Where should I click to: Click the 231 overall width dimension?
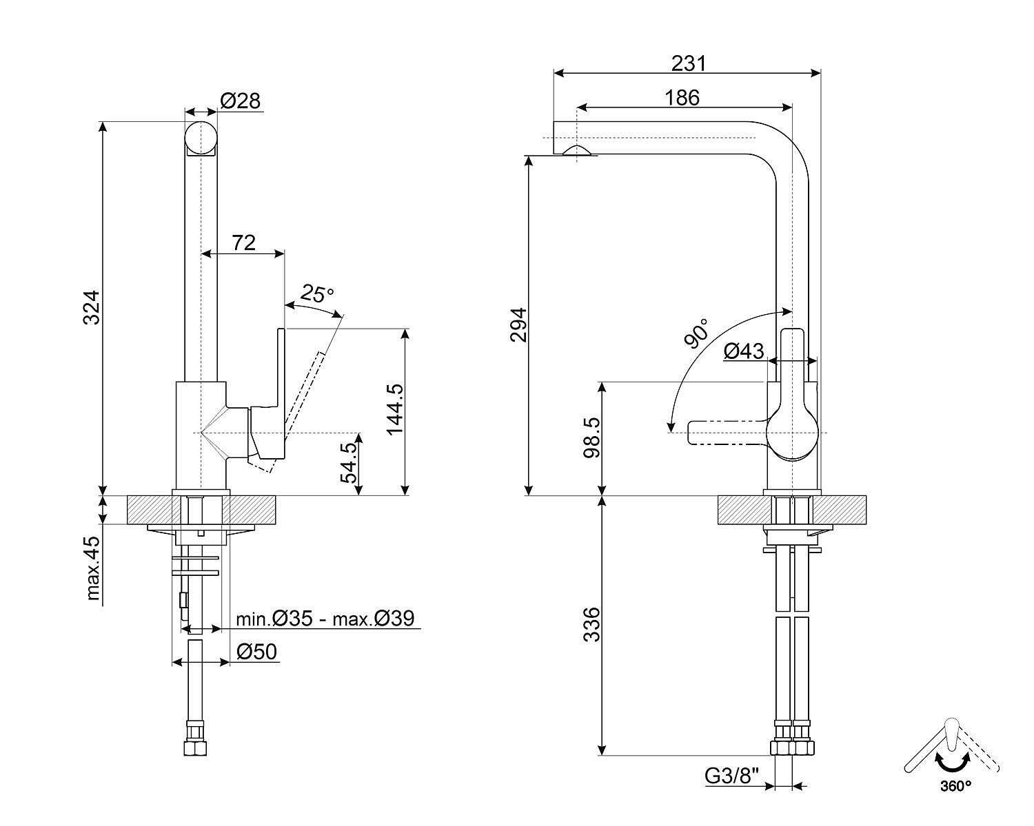tap(689, 63)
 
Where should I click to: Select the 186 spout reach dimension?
tap(682, 98)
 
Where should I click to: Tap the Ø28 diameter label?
tap(240, 101)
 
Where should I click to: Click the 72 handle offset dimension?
tap(243, 242)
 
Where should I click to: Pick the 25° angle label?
tap(316, 294)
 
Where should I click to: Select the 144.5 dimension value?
tap(395, 409)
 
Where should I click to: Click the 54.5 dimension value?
tap(350, 463)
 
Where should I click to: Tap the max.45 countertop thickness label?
tap(94, 568)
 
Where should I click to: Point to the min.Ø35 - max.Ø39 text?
tap(325, 619)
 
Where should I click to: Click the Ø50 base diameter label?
tap(256, 652)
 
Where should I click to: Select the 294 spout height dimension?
tap(518, 324)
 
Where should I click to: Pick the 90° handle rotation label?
tap(697, 333)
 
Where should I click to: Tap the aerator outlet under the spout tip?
tap(578, 152)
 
